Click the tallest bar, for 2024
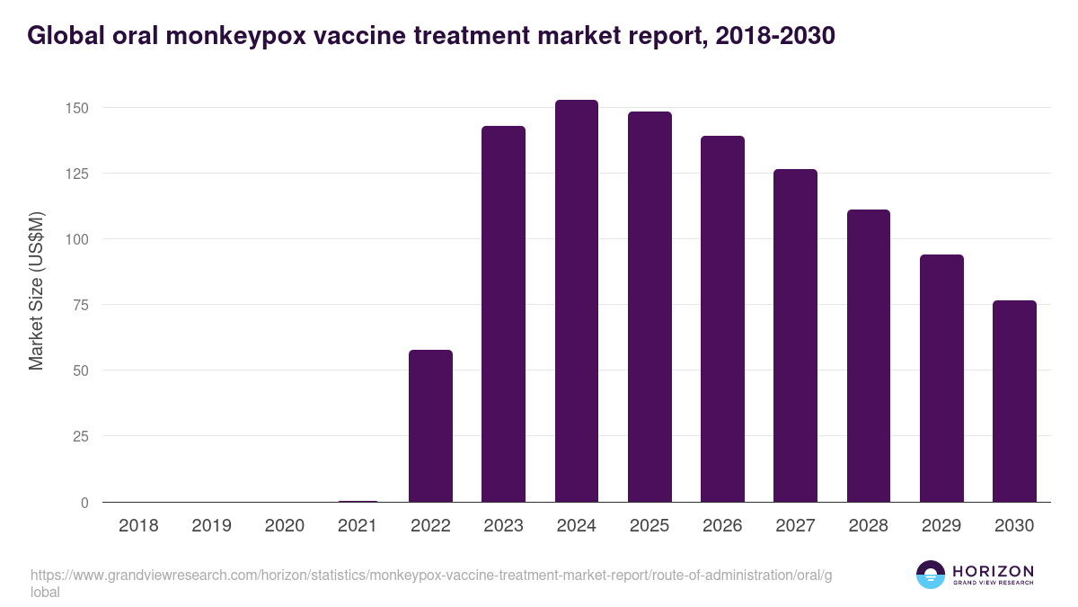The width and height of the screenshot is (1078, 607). tap(577, 300)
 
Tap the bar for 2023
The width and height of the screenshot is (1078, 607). tap(503, 314)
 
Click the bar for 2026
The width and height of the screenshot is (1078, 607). tap(722, 318)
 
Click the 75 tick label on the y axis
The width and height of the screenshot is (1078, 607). tap(81, 305)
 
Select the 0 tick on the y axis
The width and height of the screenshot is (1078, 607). tap(84, 503)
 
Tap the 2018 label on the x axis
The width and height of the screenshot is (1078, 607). tap(138, 526)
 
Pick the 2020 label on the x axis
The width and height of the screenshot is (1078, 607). tap(284, 526)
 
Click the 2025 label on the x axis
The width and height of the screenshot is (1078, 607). tap(649, 526)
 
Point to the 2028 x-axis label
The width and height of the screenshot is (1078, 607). tap(869, 526)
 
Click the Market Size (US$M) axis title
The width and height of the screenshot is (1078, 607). tap(37, 291)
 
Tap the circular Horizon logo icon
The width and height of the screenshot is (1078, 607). tap(931, 575)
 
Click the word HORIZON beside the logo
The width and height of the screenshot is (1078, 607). tap(993, 571)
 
